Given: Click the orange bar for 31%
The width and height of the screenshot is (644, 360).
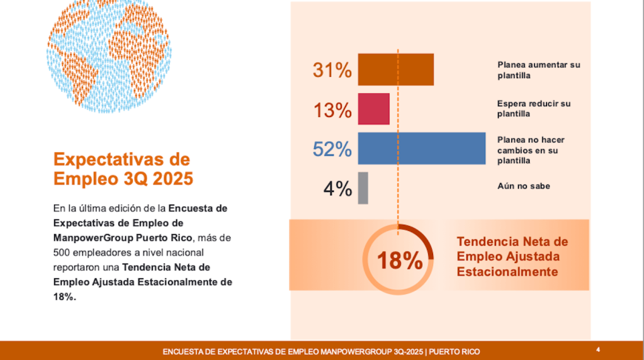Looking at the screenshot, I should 395,69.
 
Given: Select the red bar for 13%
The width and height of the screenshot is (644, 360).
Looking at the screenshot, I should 373,108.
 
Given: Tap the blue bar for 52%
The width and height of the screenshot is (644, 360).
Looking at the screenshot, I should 421,148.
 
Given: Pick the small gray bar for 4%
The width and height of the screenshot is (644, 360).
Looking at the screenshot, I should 363,188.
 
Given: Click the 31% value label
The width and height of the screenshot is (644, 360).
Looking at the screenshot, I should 332,70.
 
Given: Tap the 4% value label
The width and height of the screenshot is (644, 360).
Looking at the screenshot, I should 337,188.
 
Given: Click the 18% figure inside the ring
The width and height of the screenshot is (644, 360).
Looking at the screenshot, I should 399,260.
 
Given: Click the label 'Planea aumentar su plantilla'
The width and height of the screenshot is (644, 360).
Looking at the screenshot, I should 538,70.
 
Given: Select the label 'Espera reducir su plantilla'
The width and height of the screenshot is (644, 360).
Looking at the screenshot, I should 533,108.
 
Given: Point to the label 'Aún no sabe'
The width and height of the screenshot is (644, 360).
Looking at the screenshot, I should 523,186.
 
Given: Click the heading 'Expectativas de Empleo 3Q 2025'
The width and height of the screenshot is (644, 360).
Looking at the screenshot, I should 123,168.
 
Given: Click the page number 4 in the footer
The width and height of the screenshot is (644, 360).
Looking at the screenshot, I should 597,349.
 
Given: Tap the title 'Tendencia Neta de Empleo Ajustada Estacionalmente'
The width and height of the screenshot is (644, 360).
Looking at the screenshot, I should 512,256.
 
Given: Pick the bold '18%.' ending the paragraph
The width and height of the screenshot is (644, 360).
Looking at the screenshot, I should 65,297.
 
